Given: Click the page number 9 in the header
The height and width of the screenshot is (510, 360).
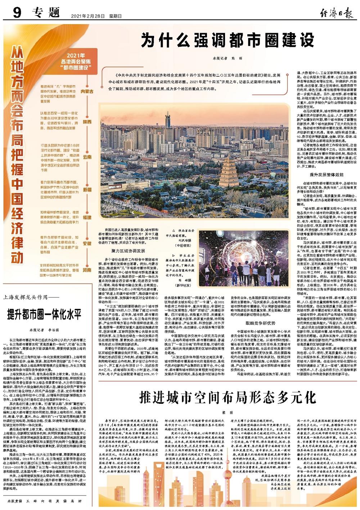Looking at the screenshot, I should pos(17,14).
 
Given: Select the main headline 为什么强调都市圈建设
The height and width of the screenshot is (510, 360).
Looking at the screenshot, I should pos(227,40).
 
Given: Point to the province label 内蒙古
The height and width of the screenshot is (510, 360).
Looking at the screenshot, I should pos(87,92).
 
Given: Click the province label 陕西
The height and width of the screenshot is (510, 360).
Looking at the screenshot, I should pos(87,122).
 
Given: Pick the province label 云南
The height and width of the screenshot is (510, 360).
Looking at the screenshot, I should pos(87,157).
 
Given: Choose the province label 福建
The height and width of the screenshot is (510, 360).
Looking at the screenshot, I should pos(87,217).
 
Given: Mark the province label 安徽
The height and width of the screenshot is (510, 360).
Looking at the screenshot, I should pos(87,243).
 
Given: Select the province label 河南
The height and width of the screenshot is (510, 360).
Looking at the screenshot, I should pos(87,269).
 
